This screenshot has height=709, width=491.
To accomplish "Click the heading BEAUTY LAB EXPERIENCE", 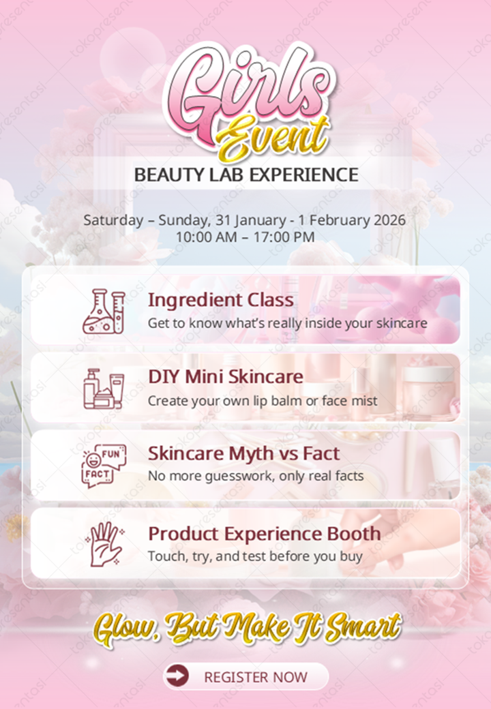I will (x=245, y=175).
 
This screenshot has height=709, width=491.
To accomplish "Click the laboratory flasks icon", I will (x=104, y=312).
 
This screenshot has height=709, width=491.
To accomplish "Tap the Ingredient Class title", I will (x=221, y=300).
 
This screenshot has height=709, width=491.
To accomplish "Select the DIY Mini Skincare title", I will (x=226, y=376).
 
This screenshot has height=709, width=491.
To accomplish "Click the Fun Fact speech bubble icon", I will (x=104, y=465).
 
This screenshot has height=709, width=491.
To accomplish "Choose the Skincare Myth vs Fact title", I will (x=243, y=453).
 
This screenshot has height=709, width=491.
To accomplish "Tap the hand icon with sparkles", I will (x=104, y=543).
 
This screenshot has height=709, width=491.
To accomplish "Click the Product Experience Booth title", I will (x=265, y=533).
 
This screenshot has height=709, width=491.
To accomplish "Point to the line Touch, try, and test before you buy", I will (x=255, y=556).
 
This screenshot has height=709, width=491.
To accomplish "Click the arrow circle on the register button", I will (x=177, y=676).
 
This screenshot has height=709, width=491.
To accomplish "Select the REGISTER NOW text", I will (x=256, y=677).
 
